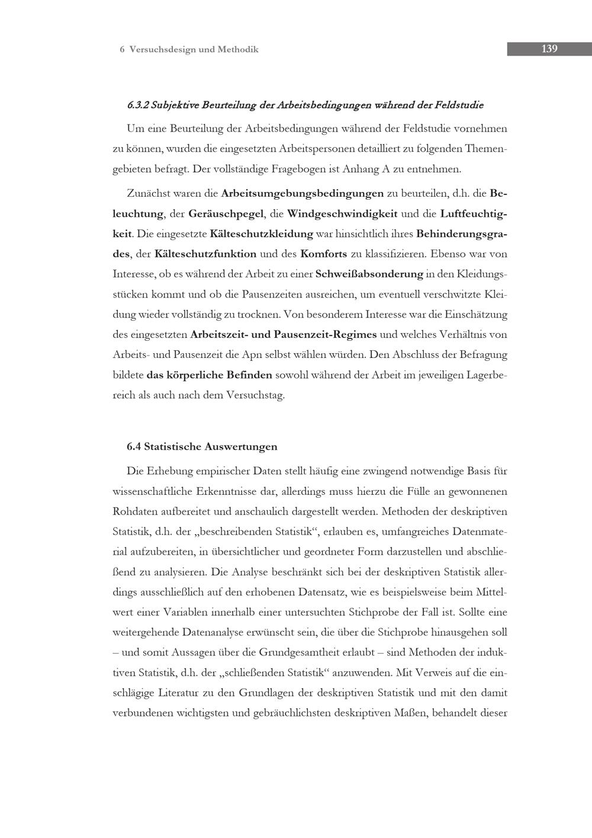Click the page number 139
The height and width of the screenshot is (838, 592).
click(x=549, y=49)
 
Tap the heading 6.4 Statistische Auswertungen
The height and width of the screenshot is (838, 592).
click(x=202, y=446)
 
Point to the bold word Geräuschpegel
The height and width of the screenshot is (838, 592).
click(x=226, y=213)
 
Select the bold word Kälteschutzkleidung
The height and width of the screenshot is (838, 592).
click(x=261, y=234)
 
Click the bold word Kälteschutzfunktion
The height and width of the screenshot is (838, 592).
click(x=205, y=254)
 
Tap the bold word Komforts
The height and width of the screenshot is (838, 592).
click(x=324, y=254)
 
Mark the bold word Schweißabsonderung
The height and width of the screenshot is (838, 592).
click(x=369, y=274)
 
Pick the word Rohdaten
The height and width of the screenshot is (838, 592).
click(x=133, y=511)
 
